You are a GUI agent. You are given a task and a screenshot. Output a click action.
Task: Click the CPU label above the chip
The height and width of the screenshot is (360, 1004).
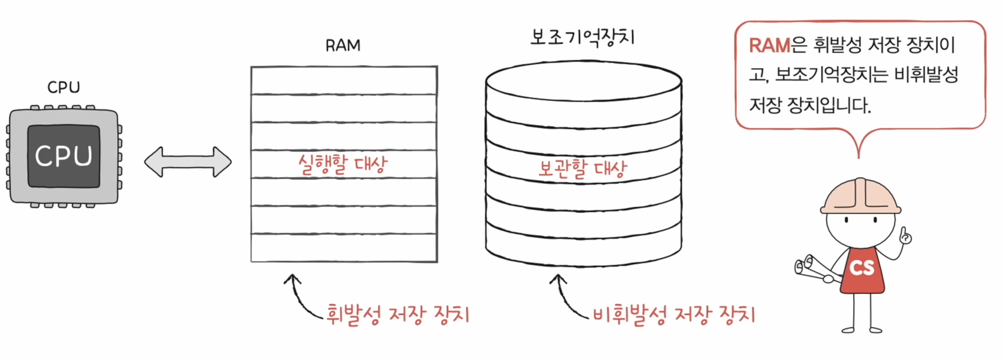pos(63,87)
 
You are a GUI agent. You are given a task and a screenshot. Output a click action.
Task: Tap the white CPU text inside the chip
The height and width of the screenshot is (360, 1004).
pos(63,156)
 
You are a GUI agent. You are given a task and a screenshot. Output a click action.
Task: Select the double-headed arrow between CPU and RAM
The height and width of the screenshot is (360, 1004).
pos(188,162)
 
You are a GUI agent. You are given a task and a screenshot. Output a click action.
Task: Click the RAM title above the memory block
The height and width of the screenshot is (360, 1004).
pos(343,46)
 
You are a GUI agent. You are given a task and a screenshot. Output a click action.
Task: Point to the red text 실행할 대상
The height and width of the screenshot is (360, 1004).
pos(342,164)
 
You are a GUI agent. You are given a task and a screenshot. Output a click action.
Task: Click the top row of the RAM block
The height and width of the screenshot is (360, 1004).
pos(344,81)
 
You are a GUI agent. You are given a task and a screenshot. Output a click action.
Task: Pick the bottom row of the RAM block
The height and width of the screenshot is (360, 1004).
pos(344,247)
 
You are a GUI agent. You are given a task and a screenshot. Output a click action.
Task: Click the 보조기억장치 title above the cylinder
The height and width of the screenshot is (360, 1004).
pos(583,37)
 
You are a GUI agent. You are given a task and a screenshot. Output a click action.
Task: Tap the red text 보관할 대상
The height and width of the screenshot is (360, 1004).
pos(582,169)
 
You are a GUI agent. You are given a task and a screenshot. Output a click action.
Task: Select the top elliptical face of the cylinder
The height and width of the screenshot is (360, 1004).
pos(583,82)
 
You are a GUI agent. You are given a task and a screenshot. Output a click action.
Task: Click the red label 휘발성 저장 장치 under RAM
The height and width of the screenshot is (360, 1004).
pos(398,314)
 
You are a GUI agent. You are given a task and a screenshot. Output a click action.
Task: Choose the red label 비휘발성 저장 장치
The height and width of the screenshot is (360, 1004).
pos(674,314)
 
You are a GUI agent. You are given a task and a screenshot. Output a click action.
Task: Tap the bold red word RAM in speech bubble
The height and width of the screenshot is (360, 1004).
pos(770,45)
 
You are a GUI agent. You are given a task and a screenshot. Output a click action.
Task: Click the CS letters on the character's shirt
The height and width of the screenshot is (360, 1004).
pos(862,268)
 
